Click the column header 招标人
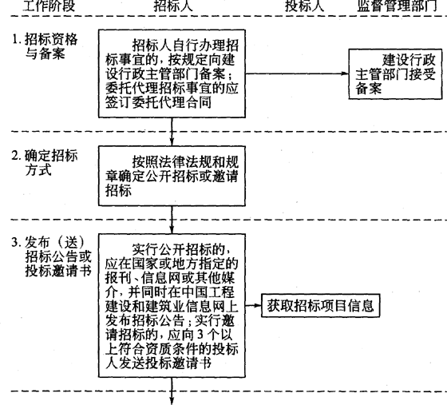click(x=173, y=6)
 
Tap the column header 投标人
click(x=304, y=6)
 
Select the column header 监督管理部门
click(x=398, y=6)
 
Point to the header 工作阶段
click(x=49, y=6)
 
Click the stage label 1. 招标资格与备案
click(x=45, y=46)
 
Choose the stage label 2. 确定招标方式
click(x=45, y=163)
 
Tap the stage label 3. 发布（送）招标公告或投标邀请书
click(x=51, y=256)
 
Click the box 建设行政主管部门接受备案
click(x=395, y=74)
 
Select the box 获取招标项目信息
click(x=321, y=305)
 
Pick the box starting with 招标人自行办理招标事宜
click(x=172, y=73)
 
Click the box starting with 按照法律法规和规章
click(x=172, y=176)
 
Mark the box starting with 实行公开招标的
click(x=172, y=306)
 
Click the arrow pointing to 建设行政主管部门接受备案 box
click(x=297, y=73)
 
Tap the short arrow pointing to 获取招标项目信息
click(x=254, y=305)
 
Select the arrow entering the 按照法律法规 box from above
click(x=172, y=132)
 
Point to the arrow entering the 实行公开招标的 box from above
click(x=172, y=220)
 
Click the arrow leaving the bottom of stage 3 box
click(x=172, y=391)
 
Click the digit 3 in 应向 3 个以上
click(x=200, y=335)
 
